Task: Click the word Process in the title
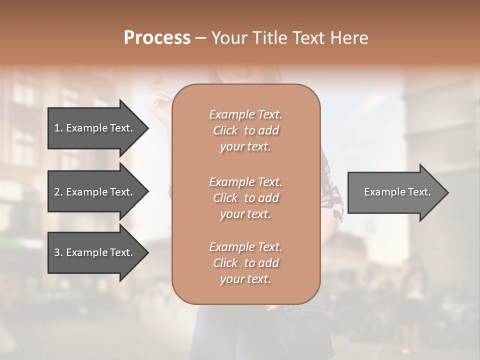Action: [x=157, y=38]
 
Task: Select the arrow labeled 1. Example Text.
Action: [x=95, y=128]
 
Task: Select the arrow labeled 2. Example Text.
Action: [x=95, y=192]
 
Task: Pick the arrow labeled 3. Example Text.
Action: [x=95, y=252]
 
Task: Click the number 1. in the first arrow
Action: [x=58, y=128]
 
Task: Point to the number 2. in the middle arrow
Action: [x=58, y=192]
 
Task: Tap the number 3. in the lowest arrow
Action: [x=58, y=252]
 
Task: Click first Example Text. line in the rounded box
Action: [x=245, y=114]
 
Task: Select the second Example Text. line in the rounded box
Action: [x=245, y=182]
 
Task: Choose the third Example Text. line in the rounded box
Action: [x=245, y=247]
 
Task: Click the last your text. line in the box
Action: [x=245, y=279]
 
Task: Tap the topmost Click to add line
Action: [x=245, y=130]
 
